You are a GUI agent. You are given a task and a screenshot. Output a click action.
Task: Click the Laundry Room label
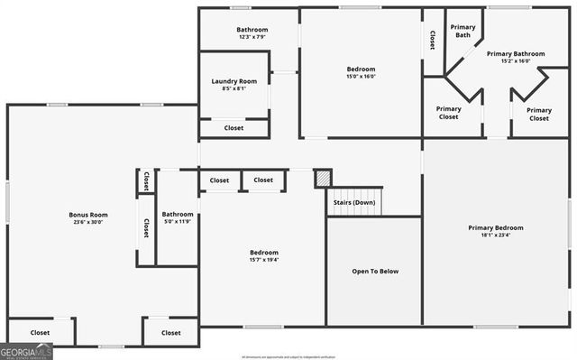(x=234, y=81)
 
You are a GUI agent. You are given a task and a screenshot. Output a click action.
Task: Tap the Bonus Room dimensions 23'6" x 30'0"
(x=88, y=222)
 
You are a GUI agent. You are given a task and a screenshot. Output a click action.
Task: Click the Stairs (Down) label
(x=354, y=202)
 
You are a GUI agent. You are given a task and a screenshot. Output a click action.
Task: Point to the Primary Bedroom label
(x=495, y=227)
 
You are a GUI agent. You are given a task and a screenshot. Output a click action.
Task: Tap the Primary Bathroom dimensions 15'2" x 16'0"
(x=516, y=61)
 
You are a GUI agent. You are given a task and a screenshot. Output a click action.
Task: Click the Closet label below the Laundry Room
(x=234, y=128)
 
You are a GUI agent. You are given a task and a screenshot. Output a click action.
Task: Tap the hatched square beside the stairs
(x=323, y=178)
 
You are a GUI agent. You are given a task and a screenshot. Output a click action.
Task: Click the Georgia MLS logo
(x=26, y=351)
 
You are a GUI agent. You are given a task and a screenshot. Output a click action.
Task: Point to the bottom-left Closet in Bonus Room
(x=41, y=333)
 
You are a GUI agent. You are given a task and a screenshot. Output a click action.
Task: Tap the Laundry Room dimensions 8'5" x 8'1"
(x=234, y=88)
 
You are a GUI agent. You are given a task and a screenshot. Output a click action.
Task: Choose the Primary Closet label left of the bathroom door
(x=448, y=113)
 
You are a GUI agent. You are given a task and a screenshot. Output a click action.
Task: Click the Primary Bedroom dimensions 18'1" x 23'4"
(x=495, y=235)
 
